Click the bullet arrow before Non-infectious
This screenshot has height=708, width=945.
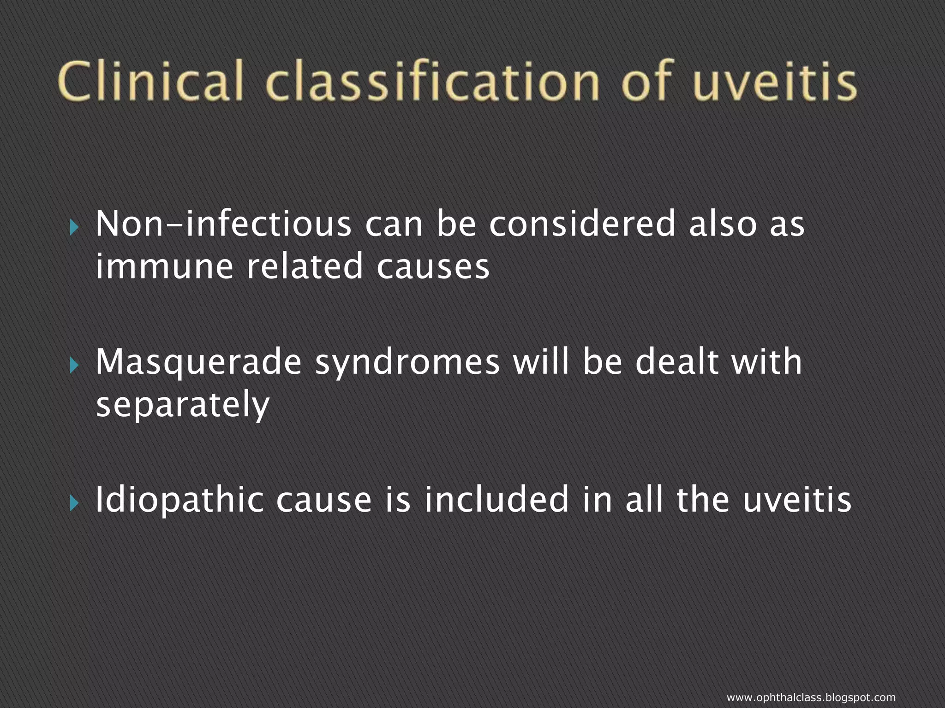click(74, 227)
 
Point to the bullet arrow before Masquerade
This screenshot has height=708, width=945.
click(74, 366)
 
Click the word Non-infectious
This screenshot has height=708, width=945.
click(223, 224)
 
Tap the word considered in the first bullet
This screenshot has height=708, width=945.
click(582, 224)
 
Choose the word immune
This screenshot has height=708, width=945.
click(164, 267)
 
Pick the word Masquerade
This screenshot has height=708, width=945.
click(198, 362)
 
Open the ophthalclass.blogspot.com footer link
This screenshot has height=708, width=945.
click(811, 698)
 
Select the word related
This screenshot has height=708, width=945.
click(305, 267)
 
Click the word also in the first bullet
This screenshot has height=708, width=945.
click(722, 224)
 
